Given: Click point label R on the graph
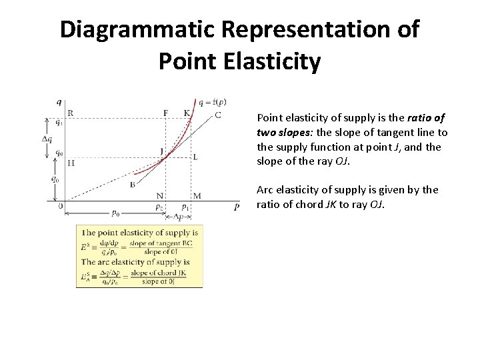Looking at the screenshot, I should (71, 113).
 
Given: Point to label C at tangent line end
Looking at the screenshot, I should (218, 115).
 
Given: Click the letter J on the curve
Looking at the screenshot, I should (161, 151).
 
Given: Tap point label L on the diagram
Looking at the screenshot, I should (195, 157).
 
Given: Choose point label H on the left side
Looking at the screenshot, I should (71, 162).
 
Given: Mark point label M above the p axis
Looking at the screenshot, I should (197, 195).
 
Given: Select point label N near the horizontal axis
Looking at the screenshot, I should (160, 195).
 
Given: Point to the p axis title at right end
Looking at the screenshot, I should (237, 207).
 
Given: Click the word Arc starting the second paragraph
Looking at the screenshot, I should (265, 190).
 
